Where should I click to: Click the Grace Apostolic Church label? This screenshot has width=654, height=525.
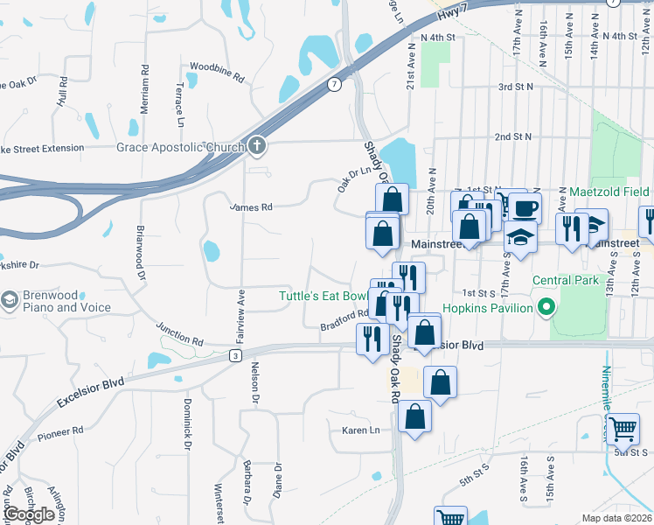click(x=180, y=147)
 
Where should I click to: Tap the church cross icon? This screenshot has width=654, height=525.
click(x=255, y=146)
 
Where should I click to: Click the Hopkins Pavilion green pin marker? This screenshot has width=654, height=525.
click(x=547, y=308)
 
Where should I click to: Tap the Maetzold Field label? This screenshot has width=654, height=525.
click(x=610, y=191)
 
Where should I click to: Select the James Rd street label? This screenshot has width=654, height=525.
click(x=251, y=207)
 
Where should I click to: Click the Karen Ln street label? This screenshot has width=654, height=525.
click(x=361, y=430)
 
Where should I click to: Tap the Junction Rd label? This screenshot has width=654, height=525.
click(x=180, y=333)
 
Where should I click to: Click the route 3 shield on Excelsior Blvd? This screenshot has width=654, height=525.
click(x=235, y=355)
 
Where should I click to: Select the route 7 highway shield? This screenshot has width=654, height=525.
click(x=334, y=85)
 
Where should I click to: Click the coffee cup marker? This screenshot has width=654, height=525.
click(x=526, y=208)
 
